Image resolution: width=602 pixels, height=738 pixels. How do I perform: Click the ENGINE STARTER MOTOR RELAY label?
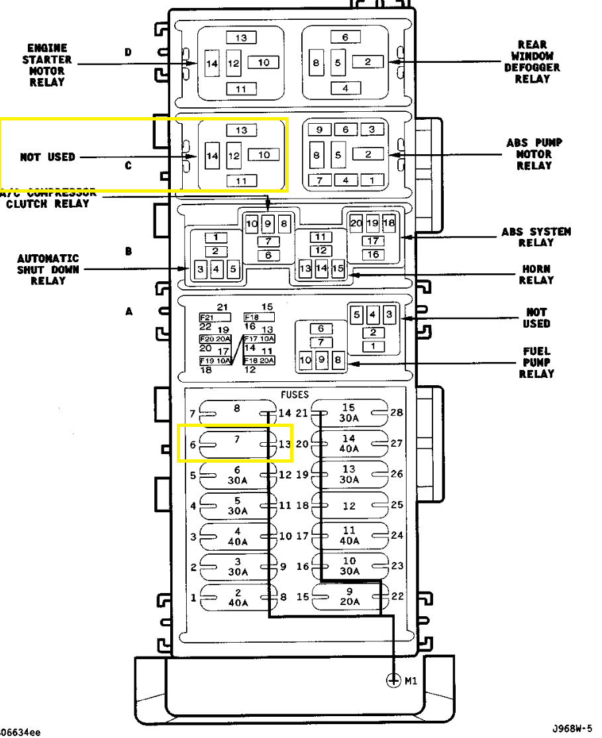click(x=46, y=66)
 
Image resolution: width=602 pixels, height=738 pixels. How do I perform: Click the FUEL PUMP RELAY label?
click(x=536, y=362)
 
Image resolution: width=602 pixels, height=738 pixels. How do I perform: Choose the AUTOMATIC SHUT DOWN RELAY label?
click(x=48, y=269)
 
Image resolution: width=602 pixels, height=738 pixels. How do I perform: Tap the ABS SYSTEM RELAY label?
click(x=536, y=237)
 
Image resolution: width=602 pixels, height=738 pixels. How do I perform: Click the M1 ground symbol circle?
click(x=394, y=680)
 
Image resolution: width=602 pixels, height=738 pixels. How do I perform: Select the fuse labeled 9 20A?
click(x=349, y=597)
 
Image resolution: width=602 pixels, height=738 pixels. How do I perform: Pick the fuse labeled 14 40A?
click(x=349, y=443)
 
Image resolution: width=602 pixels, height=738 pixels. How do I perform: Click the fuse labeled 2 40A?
click(x=238, y=597)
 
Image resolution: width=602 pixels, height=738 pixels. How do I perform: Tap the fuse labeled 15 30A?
click(x=349, y=412)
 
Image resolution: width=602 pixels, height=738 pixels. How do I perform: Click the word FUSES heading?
click(x=295, y=394)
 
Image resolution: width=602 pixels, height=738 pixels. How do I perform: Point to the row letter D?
click(x=128, y=52)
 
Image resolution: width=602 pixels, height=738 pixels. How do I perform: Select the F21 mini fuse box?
click(x=207, y=317)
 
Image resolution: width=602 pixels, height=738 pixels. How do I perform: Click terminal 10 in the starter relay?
click(x=264, y=62)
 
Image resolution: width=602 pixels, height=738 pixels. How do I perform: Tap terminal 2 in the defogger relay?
click(x=368, y=62)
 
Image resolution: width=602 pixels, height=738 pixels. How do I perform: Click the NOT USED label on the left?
click(x=48, y=158)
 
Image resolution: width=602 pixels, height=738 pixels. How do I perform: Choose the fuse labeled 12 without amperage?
click(x=349, y=506)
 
